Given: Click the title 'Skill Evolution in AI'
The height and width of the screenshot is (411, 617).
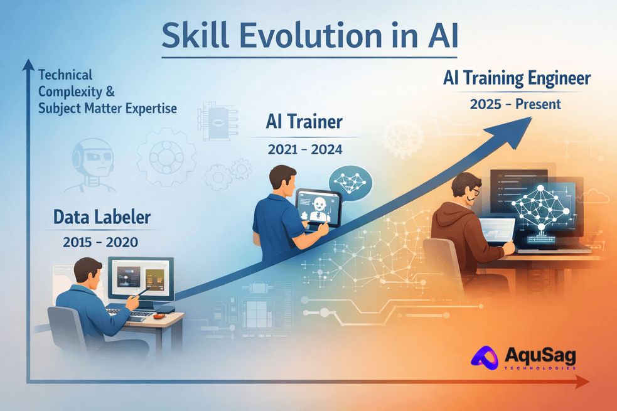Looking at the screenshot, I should click(309, 36).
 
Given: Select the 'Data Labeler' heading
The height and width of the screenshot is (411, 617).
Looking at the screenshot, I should click(102, 218).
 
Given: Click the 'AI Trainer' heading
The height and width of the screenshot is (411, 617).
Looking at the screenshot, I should click(303, 121).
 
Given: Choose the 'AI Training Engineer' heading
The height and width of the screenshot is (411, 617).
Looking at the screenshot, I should click(517, 79).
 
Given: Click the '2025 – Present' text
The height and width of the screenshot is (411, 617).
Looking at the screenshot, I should click(515, 104).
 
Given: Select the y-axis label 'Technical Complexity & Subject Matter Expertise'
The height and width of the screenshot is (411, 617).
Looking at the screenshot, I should click(107, 92).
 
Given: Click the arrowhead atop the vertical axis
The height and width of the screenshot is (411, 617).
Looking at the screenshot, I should click(28, 64).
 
